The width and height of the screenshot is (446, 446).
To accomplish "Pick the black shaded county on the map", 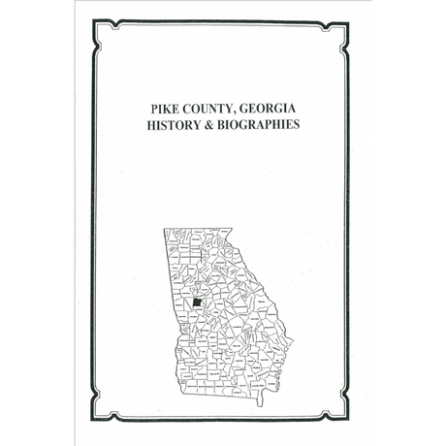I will pyautogui.click(x=197, y=303).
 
